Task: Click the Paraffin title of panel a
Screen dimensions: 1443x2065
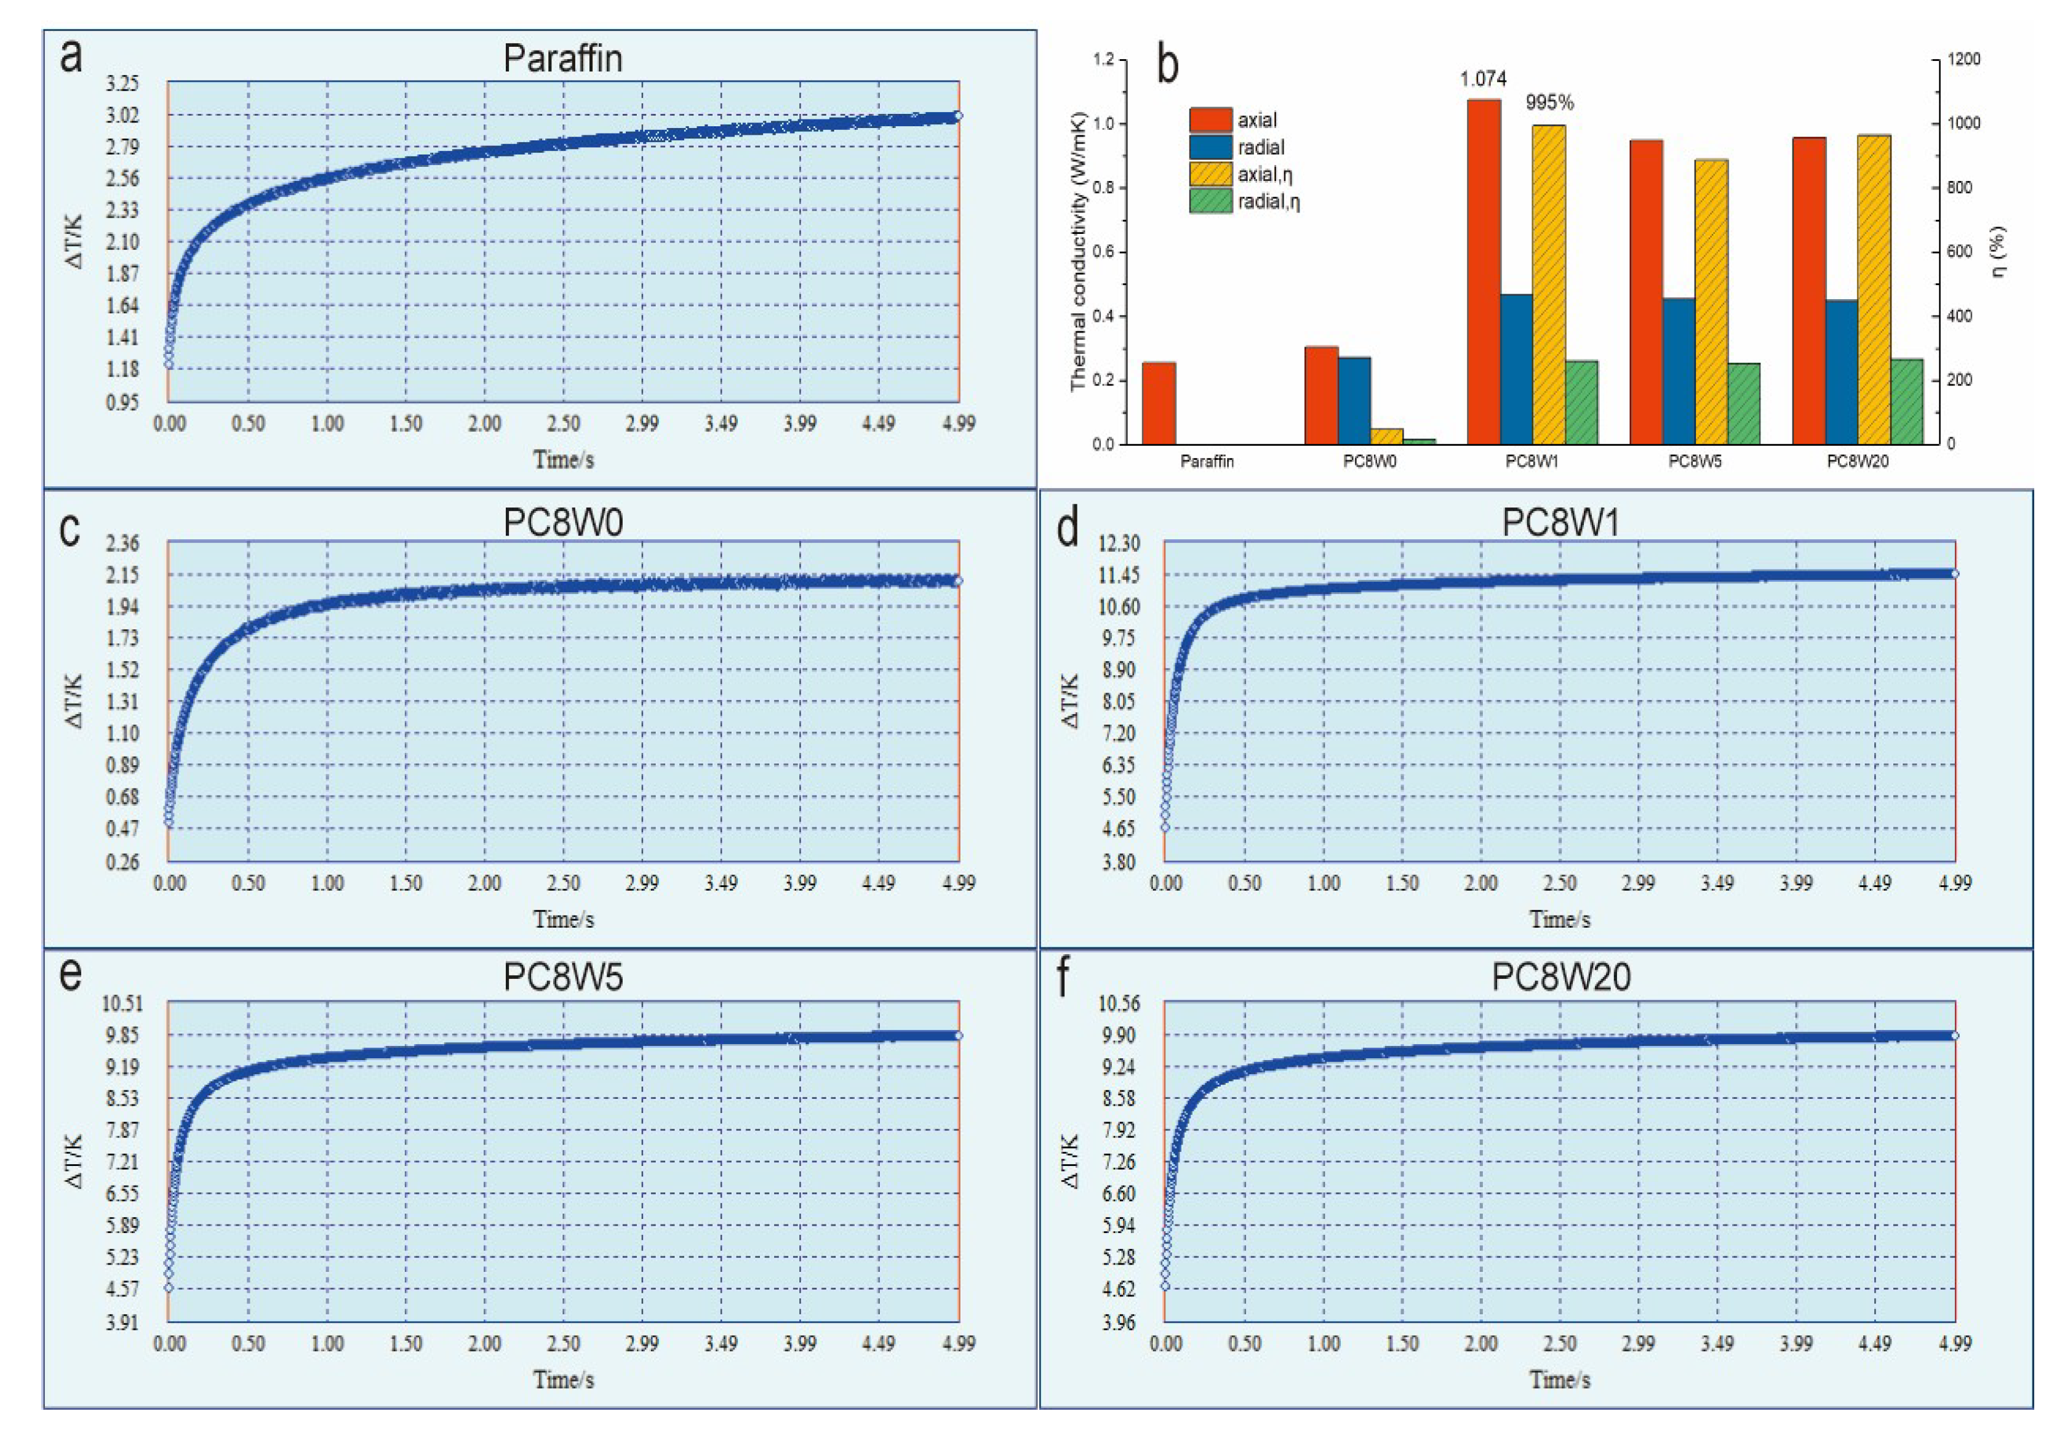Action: click(562, 58)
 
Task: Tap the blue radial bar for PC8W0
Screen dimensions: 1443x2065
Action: click(1354, 400)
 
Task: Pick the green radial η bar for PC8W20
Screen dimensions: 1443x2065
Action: click(1907, 401)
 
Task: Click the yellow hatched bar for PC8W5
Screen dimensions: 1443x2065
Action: click(1711, 302)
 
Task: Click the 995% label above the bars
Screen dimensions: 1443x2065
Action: click(1549, 103)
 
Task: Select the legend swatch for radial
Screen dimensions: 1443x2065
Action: click(1210, 147)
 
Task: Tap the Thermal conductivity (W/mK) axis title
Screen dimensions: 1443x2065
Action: click(1079, 252)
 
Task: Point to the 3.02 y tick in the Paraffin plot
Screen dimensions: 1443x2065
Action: click(122, 115)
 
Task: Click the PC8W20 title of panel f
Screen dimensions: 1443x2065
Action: click(1560, 978)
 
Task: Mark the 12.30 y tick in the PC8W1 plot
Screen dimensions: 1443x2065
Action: click(1119, 544)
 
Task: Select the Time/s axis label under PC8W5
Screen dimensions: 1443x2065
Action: click(563, 1379)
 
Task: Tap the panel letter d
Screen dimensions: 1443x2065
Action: click(1068, 528)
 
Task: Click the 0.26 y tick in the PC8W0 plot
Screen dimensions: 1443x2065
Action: click(122, 862)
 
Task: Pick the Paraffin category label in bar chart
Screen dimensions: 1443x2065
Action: click(1207, 462)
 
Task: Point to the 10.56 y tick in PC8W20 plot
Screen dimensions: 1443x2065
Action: click(1119, 1003)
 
